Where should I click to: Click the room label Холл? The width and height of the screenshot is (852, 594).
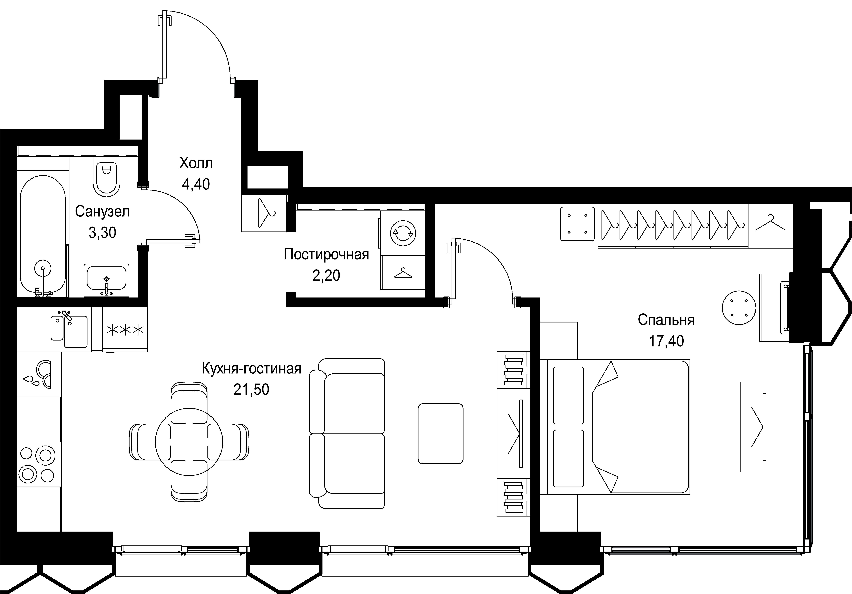196,163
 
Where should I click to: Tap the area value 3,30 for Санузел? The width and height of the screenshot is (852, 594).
102,233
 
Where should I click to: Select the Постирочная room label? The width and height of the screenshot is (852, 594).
326,254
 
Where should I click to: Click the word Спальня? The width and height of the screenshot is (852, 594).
666,320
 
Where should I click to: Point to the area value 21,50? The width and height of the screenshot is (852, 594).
251,390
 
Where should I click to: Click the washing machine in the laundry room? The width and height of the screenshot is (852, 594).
403,233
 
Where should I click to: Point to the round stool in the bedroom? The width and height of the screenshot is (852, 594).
739,308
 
